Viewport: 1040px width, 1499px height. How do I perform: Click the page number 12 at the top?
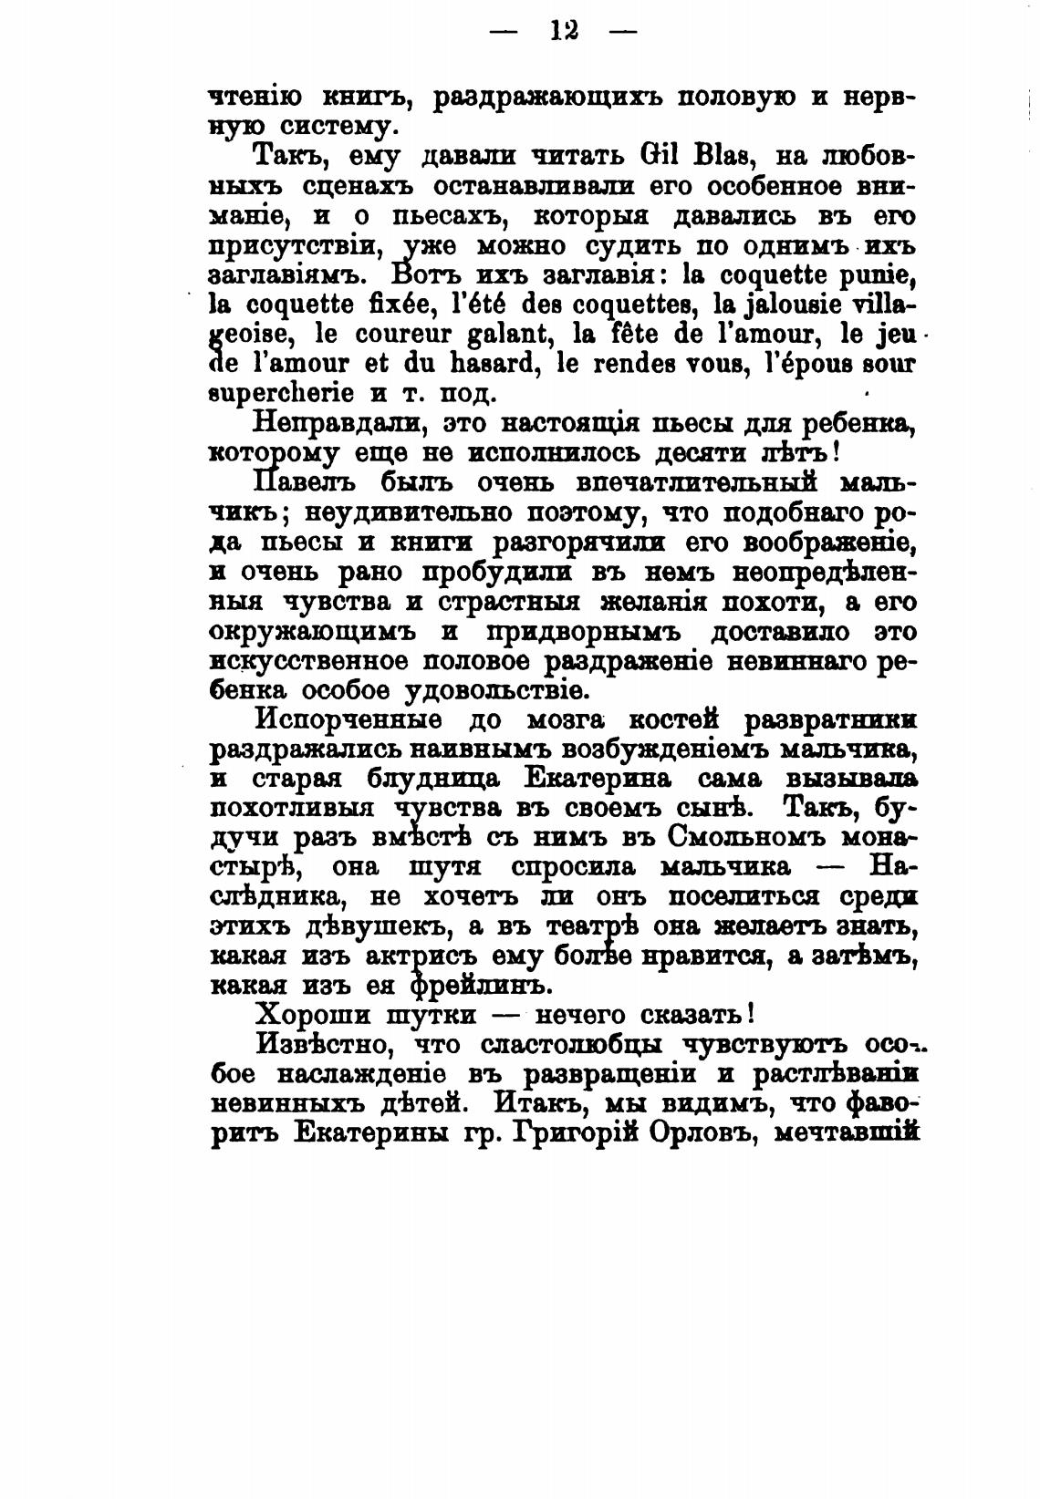point(565,31)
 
